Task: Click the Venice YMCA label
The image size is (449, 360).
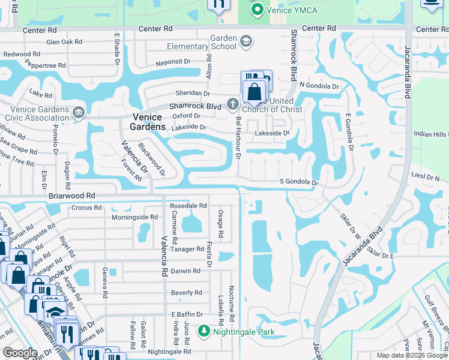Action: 292,10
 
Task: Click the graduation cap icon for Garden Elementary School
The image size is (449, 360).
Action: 245,41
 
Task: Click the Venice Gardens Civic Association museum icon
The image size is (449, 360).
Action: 78,113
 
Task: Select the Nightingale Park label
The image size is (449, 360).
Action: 244,331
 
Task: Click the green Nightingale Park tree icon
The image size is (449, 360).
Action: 204,331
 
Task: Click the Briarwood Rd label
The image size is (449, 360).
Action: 71,196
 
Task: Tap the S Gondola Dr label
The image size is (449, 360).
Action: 298,182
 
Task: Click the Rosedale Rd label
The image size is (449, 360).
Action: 188,205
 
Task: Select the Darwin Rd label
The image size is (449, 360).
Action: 185,271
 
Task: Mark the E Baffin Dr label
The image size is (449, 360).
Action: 188,314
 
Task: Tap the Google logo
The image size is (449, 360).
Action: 19,353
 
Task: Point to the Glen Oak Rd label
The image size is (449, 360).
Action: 64,41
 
